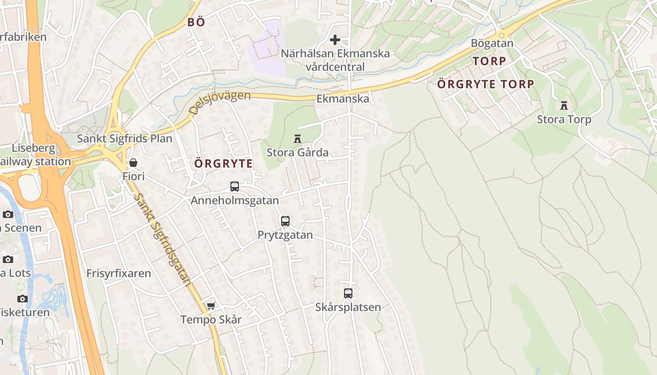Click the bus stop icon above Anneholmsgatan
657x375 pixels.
click(x=235, y=187)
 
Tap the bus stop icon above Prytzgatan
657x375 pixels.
click(x=285, y=221)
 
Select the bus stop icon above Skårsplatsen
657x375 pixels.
click(x=348, y=293)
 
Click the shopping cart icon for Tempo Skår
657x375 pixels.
click(x=211, y=306)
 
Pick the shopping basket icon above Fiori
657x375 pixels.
click(x=133, y=163)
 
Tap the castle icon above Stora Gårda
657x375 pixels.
click(x=297, y=139)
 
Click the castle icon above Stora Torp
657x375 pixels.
click(x=564, y=105)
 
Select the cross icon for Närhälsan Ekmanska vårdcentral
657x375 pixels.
click(x=335, y=40)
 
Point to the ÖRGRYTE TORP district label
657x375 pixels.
click(x=486, y=84)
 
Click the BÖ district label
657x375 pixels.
click(x=196, y=22)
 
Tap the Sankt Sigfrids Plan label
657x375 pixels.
click(x=124, y=139)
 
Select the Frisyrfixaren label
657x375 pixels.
click(x=119, y=273)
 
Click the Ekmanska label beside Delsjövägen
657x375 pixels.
click(x=343, y=99)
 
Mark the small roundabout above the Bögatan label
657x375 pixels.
click(x=501, y=35)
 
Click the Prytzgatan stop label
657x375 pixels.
click(x=285, y=235)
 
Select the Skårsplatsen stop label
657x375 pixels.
click(x=348, y=307)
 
